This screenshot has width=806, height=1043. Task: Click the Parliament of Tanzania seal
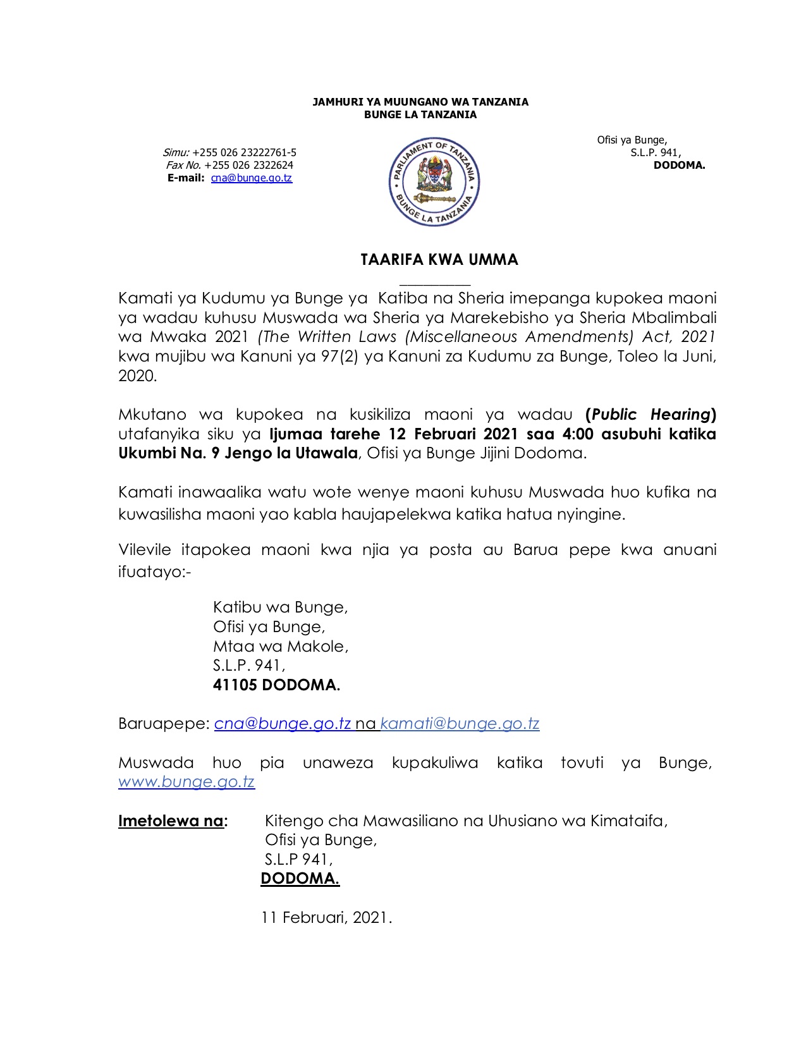[434, 182]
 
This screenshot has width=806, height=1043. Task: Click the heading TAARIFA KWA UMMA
[439, 260]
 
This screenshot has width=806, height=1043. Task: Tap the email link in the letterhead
[251, 178]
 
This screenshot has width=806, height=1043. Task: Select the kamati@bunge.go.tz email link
[460, 724]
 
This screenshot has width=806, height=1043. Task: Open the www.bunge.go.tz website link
[186, 782]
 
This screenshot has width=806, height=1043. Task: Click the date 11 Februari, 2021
[326, 917]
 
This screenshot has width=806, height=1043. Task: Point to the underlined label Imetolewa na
[171, 821]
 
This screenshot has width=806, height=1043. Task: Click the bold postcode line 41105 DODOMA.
[276, 685]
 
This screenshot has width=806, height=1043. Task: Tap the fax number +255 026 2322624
[248, 166]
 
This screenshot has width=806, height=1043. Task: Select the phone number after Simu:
[244, 153]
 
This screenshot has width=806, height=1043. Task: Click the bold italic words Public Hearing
[650, 415]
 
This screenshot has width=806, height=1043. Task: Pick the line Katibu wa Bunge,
[280, 607]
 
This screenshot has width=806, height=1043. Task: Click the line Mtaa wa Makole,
[280, 647]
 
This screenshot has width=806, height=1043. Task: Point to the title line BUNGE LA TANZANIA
[420, 115]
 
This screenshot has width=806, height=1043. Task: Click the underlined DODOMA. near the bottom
[300, 879]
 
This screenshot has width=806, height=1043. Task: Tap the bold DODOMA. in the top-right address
[679, 166]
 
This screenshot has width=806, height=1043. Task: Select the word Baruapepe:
[163, 724]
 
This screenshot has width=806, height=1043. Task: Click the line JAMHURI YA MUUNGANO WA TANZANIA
[420, 102]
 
